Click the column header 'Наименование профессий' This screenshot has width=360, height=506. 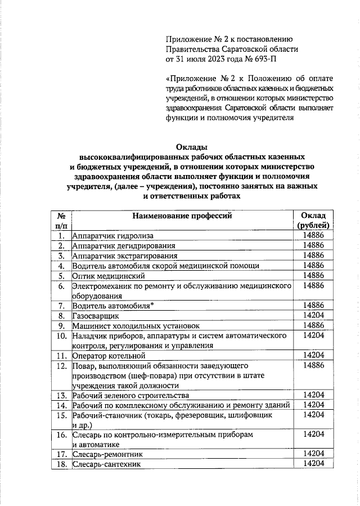click(182, 216)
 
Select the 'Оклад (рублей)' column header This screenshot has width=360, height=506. click(313, 220)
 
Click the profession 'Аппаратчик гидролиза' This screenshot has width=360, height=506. click(112, 235)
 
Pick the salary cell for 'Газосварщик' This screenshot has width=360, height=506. click(313, 316)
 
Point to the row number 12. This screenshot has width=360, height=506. click(61, 366)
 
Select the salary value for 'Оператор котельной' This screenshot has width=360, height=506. click(313, 355)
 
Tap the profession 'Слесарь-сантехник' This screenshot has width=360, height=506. click(106, 464)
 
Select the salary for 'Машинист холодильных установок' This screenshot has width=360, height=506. click(313, 326)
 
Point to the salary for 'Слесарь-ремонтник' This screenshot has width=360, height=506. click(313, 454)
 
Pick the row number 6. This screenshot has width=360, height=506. click(61, 286)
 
